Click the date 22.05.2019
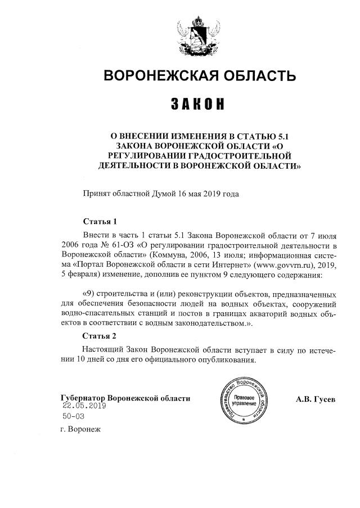click(84, 406)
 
